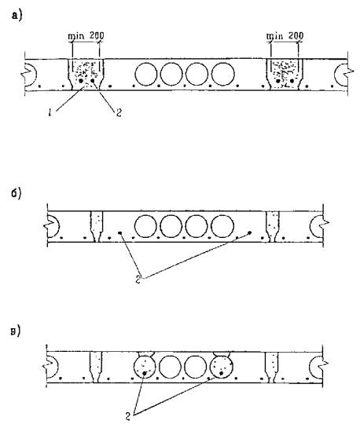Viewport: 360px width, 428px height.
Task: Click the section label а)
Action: pos(17,15)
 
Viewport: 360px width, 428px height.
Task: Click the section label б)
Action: pos(17,193)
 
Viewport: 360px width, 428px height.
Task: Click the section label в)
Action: pos(16,331)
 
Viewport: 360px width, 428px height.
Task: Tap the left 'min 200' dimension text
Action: pos(86,36)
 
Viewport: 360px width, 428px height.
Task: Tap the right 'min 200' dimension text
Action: pos(285,36)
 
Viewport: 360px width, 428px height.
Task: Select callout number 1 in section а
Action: pos(50,113)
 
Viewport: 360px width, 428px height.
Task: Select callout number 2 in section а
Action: pos(119,113)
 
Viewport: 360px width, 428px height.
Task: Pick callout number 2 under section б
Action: pos(138,280)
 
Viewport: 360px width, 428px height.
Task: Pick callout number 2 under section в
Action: pos(128,416)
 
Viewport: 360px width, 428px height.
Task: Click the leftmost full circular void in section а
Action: pos(146,75)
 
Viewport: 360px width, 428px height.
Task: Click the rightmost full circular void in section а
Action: pos(223,75)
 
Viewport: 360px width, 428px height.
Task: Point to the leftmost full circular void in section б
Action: pos(145,226)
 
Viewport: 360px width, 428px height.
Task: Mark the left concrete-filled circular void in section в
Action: pos(145,367)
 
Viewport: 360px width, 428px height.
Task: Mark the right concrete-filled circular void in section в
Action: pos(221,367)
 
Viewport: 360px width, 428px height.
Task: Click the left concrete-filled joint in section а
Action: pos(86,75)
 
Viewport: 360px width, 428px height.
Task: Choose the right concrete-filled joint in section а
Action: pos(285,75)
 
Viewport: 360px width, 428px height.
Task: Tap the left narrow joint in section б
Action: pos(97,226)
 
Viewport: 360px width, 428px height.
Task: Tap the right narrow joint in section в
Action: pos(272,368)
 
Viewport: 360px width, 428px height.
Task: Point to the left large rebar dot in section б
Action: pos(120,232)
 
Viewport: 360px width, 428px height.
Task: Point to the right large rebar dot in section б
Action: pos(250,232)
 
